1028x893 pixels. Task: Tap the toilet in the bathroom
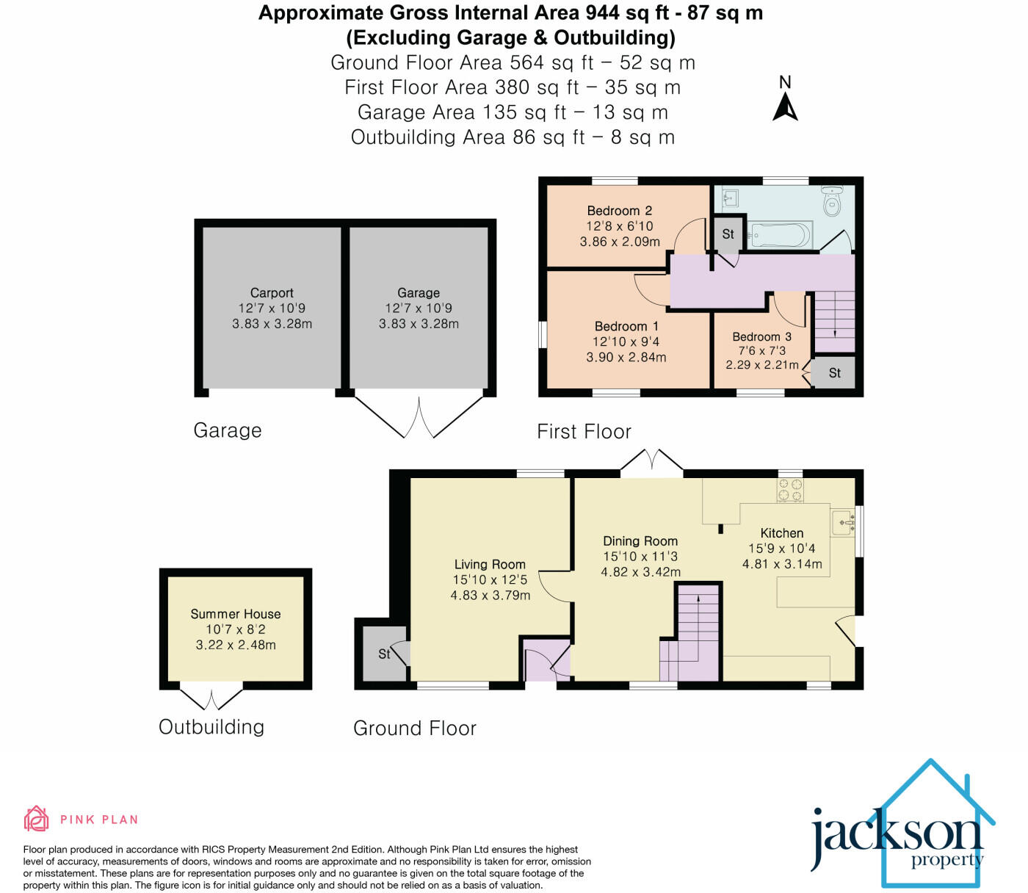coord(832,200)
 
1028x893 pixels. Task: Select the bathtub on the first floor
coord(779,236)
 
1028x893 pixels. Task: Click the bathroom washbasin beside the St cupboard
coord(729,198)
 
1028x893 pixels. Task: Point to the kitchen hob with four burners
coord(790,490)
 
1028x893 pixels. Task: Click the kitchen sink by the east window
coord(843,522)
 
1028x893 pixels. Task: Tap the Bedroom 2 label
coord(619,211)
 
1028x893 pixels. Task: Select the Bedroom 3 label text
coord(761,336)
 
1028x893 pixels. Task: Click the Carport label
coord(272,292)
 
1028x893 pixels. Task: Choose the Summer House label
coord(235,614)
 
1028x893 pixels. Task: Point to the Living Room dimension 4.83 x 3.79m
coord(490,595)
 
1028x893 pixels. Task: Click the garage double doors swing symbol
coord(419,418)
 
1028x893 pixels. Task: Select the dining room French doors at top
coord(652,463)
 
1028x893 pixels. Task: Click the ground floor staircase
coord(694,632)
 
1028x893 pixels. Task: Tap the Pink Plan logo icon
coord(36,819)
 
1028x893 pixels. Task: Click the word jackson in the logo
coord(895,836)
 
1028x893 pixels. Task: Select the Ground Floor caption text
coord(415,728)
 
